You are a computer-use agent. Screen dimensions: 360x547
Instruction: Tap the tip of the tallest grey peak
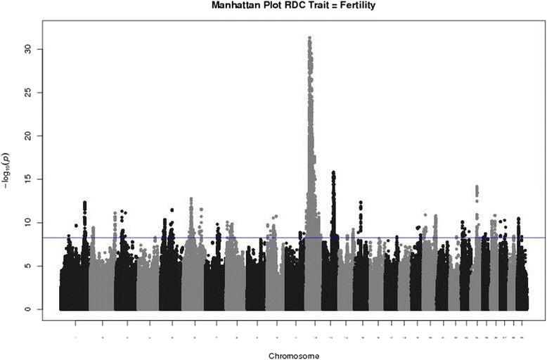tap(310, 37)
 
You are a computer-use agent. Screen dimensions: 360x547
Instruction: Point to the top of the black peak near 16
tap(333, 172)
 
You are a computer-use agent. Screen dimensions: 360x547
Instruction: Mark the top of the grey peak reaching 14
tap(477, 186)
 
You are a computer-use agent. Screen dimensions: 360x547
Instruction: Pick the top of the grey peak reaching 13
tap(191, 198)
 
